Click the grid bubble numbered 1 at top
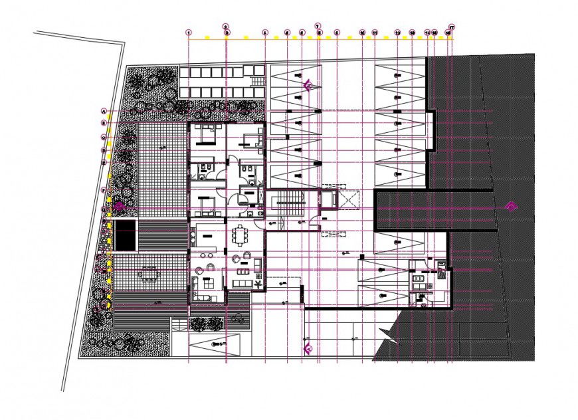(x=189, y=32)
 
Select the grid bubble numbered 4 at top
(x=264, y=32)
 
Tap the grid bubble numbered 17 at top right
(x=452, y=27)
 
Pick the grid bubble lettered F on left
(x=104, y=191)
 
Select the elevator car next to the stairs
(x=328, y=199)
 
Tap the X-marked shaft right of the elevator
(x=348, y=199)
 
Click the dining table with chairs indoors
(x=239, y=235)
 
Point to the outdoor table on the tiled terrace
(x=149, y=273)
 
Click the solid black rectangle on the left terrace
(x=125, y=236)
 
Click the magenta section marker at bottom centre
(x=308, y=347)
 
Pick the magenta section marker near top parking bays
(x=308, y=85)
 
